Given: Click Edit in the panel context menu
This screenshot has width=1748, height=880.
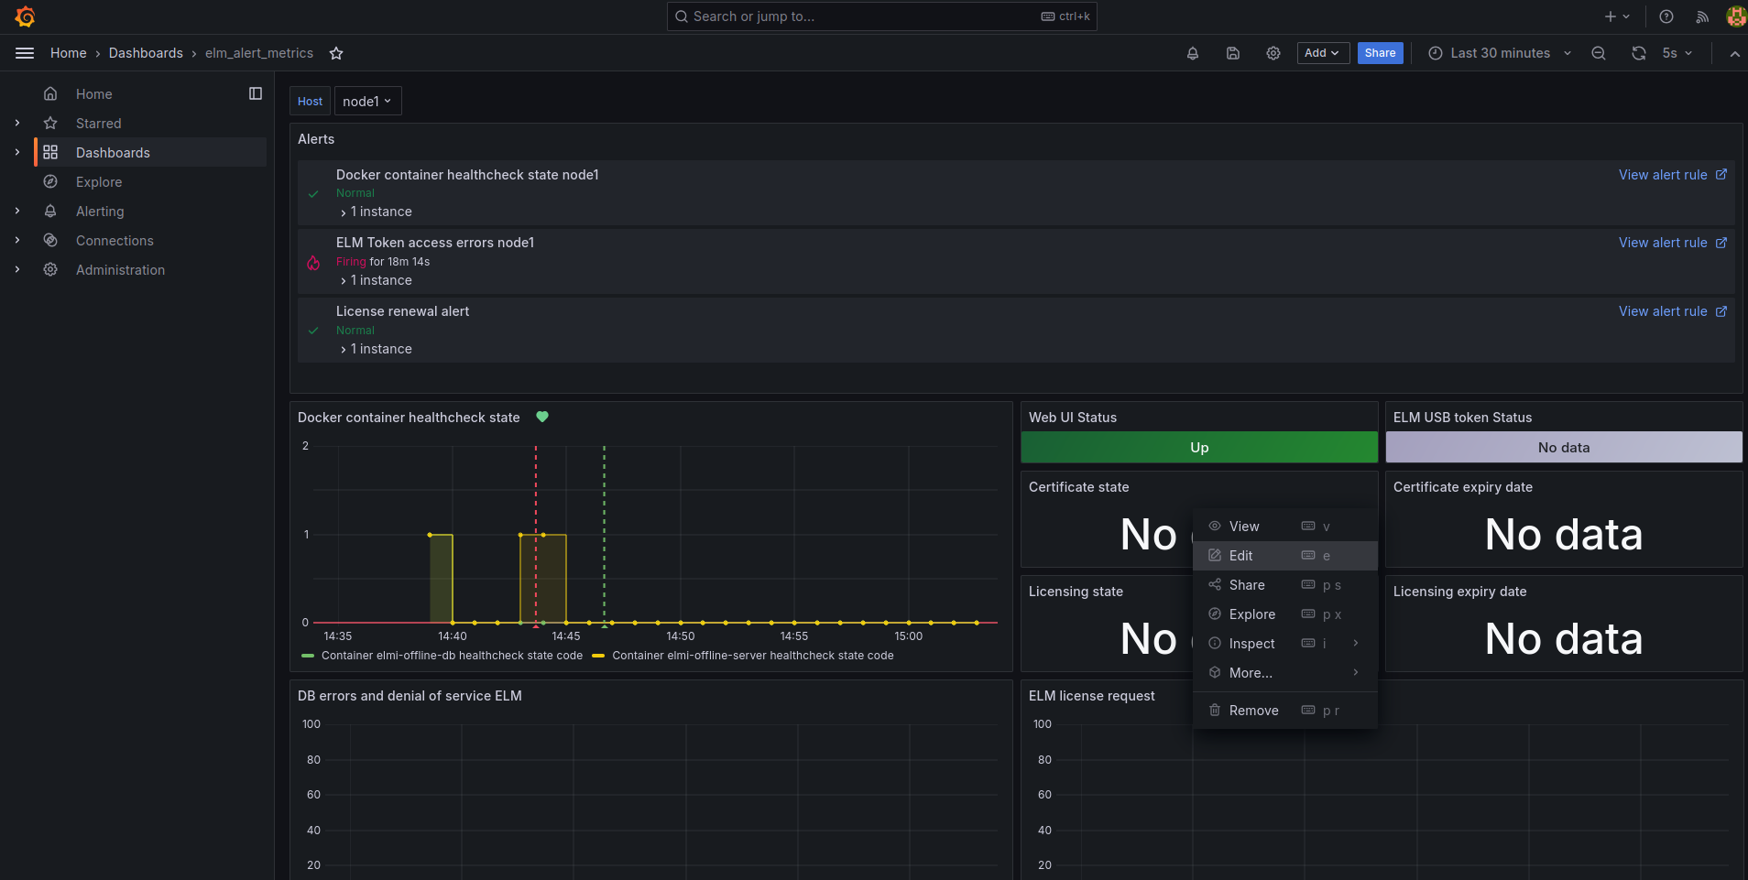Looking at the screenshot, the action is pos(1240,556).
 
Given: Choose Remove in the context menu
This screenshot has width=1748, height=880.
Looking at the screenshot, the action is pos(1253,711).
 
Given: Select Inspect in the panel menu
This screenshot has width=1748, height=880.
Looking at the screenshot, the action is pos(1251,644).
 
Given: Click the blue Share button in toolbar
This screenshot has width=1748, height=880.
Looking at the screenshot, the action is pos(1380,53).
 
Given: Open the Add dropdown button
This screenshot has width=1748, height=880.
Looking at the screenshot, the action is pos(1323,53).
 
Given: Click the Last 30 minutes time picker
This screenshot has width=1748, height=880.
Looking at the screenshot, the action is pos(1500,53).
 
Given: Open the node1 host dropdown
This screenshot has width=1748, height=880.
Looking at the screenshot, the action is pos(367,102).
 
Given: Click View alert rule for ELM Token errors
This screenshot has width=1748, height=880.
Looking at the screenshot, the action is pos(1672,243).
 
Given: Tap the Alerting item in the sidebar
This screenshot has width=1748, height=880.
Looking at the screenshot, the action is pos(100,212).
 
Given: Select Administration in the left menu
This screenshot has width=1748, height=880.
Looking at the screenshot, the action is pos(120,270).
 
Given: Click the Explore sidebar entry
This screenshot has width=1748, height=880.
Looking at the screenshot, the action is pos(99,182).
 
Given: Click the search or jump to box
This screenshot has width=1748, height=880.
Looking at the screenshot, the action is pos(881,16).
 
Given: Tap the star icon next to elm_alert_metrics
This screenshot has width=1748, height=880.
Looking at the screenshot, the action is pos(336,53).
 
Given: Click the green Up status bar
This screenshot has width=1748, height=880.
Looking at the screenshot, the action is pos(1199,447).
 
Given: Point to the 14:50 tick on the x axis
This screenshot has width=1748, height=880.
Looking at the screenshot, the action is pos(681,636).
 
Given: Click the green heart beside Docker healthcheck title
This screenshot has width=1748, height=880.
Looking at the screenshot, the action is pos(542,417).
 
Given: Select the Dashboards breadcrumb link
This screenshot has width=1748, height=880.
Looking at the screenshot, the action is pos(146,53).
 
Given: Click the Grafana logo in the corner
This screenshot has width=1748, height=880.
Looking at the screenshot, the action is pos(25,16).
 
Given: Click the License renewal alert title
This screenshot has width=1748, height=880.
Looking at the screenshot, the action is pos(402,311).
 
